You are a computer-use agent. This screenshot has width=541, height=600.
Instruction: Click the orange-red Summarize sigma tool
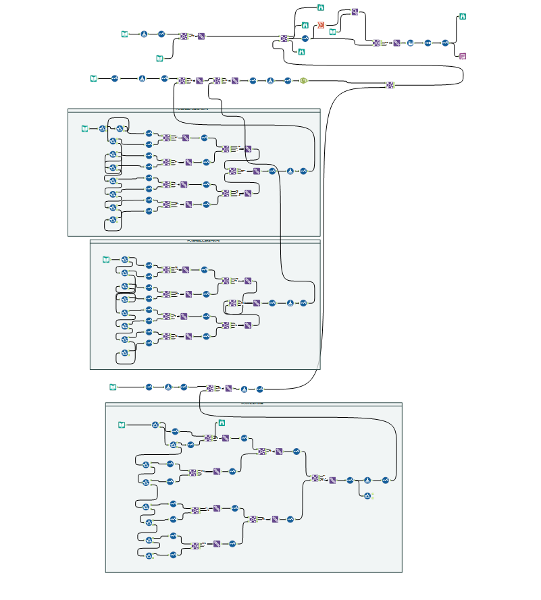(321, 25)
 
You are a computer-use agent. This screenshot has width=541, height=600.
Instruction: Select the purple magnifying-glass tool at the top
(355, 12)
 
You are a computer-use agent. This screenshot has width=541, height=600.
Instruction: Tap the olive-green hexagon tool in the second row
(304, 80)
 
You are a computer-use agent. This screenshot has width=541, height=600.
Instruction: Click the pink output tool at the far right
(463, 56)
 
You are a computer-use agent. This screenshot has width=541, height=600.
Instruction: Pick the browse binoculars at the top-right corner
(463, 16)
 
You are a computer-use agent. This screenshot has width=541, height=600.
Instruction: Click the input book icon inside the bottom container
(122, 425)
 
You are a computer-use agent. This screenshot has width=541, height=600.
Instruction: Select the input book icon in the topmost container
(84, 128)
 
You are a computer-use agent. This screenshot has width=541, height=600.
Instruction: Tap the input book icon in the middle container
(105, 260)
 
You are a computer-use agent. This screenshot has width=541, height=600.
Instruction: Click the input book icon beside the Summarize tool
(332, 32)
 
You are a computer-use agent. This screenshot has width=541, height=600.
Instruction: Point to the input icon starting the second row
(94, 79)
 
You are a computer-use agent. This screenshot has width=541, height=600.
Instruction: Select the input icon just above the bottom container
(113, 387)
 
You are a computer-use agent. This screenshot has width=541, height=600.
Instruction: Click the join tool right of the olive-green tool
(390, 84)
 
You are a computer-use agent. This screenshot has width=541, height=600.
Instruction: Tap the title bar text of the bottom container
(253, 404)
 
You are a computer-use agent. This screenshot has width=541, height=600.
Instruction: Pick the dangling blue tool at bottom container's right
(368, 496)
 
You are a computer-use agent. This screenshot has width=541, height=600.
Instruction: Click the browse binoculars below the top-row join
(301, 51)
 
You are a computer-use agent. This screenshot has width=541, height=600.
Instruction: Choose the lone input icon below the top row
(159, 59)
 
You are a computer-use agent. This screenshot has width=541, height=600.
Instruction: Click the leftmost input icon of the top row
(124, 34)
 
